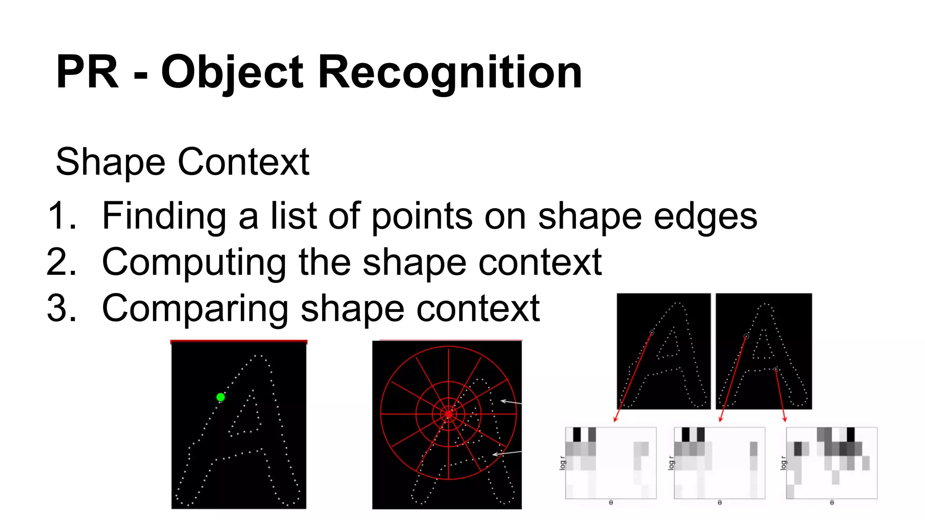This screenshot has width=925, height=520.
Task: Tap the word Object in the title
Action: click(232, 72)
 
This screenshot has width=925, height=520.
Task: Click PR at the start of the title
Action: click(87, 72)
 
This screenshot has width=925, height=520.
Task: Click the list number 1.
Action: click(61, 216)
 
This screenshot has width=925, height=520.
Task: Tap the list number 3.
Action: click(61, 308)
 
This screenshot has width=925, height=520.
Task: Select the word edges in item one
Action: click(705, 217)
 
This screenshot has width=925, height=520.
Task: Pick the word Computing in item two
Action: click(194, 263)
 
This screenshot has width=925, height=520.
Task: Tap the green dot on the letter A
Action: click(220, 397)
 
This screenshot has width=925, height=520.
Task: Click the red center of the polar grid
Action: click(448, 414)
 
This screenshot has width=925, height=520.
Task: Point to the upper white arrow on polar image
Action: click(511, 402)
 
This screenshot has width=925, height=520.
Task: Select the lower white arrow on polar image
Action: click(506, 453)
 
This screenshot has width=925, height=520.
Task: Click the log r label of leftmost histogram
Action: click(562, 463)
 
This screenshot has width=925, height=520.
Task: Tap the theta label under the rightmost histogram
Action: click(832, 502)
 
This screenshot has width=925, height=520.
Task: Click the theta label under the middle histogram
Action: click(719, 502)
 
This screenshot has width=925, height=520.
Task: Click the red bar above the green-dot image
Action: click(238, 342)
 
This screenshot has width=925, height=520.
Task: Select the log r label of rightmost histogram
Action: click(783, 463)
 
